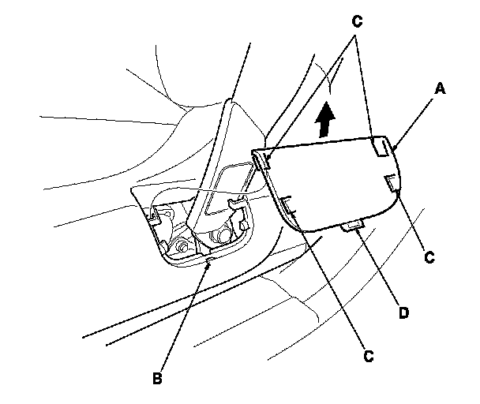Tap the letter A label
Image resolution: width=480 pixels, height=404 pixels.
[441, 89]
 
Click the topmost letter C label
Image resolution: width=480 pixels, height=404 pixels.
[357, 22]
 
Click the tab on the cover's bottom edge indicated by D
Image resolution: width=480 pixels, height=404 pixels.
[354, 228]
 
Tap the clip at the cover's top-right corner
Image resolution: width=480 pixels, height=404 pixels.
[381, 147]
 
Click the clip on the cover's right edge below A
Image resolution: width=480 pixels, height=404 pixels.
[392, 184]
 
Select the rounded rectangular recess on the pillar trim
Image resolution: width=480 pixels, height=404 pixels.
[227, 187]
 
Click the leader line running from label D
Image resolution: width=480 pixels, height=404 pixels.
[378, 268]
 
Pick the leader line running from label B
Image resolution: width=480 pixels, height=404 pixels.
[184, 316]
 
